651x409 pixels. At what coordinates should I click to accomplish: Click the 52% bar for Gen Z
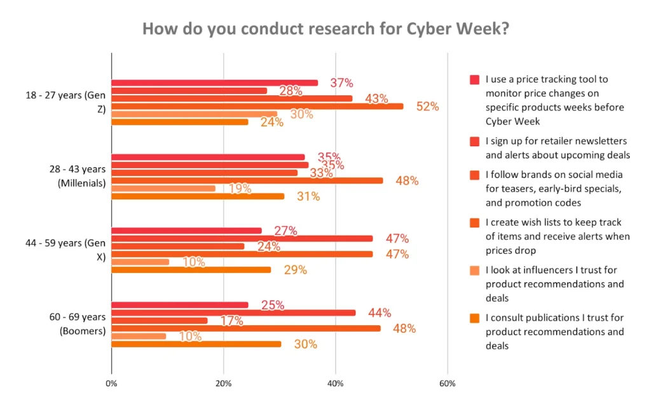pyautogui.click(x=257, y=106)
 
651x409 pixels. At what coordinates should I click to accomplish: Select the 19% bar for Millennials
pyautogui.click(x=163, y=188)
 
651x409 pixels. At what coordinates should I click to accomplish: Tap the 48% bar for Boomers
pyautogui.click(x=246, y=328)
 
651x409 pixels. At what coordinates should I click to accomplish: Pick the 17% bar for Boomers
pyautogui.click(x=160, y=321)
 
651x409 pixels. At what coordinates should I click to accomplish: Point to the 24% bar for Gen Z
pyautogui.click(x=180, y=122)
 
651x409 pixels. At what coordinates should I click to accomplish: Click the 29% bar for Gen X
pyautogui.click(x=191, y=270)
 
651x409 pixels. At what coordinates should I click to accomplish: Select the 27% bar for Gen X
pyautogui.click(x=186, y=231)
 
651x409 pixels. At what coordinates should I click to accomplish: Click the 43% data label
pyautogui.click(x=377, y=99)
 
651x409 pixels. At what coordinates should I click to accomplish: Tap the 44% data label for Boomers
pyautogui.click(x=379, y=312)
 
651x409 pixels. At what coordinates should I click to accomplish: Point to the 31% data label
pyautogui.click(x=308, y=197)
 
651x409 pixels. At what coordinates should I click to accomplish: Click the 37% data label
pyautogui.click(x=341, y=83)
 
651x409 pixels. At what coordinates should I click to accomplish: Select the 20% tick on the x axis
pyautogui.click(x=223, y=384)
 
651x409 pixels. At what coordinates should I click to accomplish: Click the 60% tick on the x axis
pyautogui.click(x=447, y=384)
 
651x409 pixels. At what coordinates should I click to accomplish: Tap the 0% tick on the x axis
pyautogui.click(x=111, y=384)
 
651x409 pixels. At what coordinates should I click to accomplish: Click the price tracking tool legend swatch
pyautogui.click(x=474, y=80)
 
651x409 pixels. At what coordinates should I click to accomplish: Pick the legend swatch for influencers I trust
pyautogui.click(x=474, y=271)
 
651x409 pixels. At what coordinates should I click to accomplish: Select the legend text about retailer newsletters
pyautogui.click(x=557, y=148)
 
